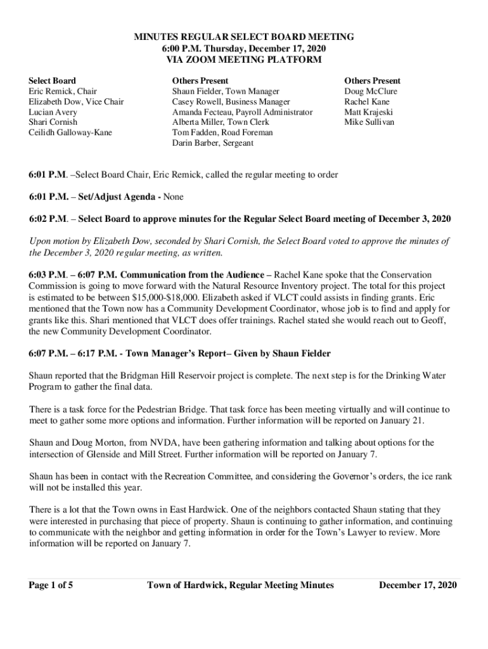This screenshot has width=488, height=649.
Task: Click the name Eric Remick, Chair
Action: click(63, 91)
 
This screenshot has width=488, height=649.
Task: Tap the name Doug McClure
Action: click(371, 91)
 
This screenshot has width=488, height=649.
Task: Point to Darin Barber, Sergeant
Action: click(212, 143)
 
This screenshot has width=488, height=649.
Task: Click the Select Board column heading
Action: click(53, 80)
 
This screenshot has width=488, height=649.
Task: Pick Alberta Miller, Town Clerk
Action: click(221, 122)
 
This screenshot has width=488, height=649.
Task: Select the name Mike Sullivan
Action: click(369, 122)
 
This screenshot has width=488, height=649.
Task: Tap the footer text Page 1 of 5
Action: click(51, 585)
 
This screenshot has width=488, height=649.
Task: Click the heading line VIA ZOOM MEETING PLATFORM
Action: click(243, 60)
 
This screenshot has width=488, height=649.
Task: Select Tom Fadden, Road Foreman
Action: click(222, 132)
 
